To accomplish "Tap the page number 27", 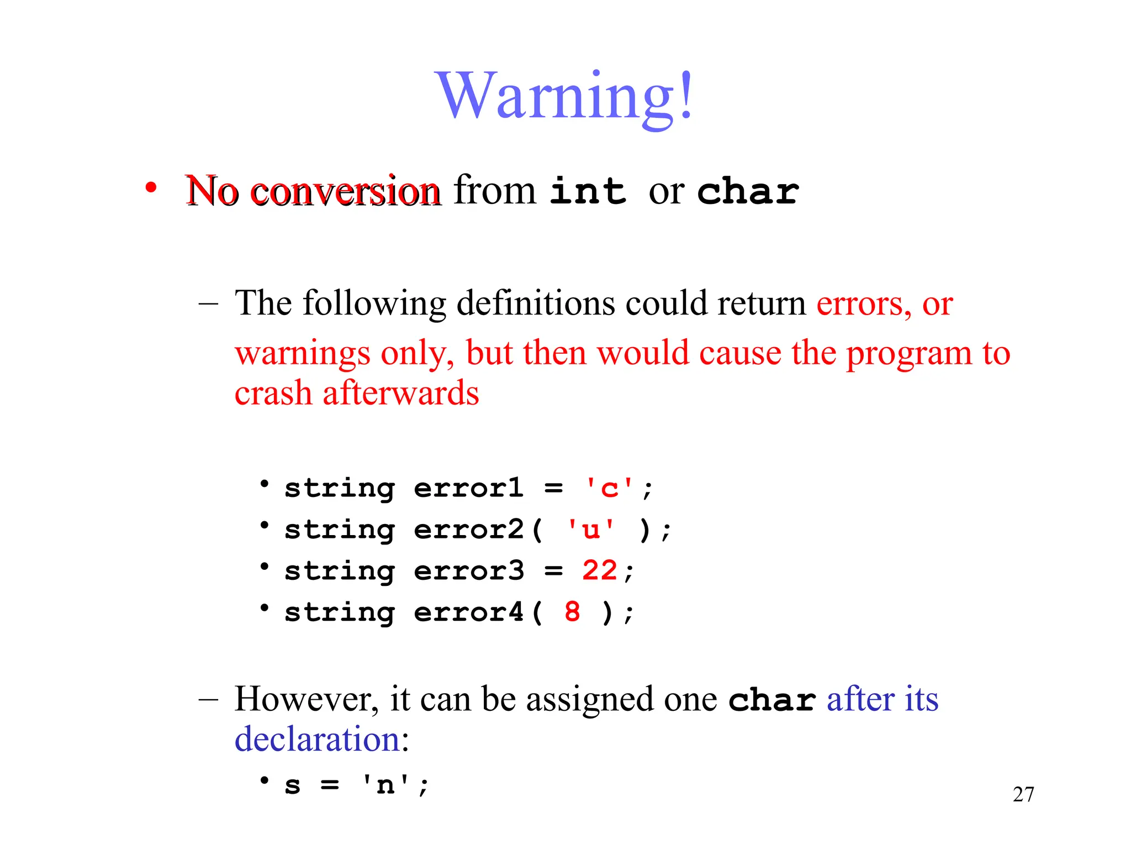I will [x=1023, y=794].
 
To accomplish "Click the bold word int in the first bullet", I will [x=588, y=191].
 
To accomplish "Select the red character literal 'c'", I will [x=609, y=489].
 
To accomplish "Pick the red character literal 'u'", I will [x=591, y=530].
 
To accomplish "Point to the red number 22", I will [x=599, y=570].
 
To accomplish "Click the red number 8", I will [x=573, y=612].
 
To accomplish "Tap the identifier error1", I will [x=468, y=489].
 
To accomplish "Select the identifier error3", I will [x=468, y=570].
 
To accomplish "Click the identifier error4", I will [x=468, y=612].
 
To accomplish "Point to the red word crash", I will [x=273, y=393].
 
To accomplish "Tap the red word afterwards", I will [x=401, y=393].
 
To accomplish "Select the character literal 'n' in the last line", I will [x=385, y=785].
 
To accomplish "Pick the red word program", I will [x=909, y=354].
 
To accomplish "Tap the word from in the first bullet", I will [x=495, y=190].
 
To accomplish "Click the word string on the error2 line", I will [x=340, y=530].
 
